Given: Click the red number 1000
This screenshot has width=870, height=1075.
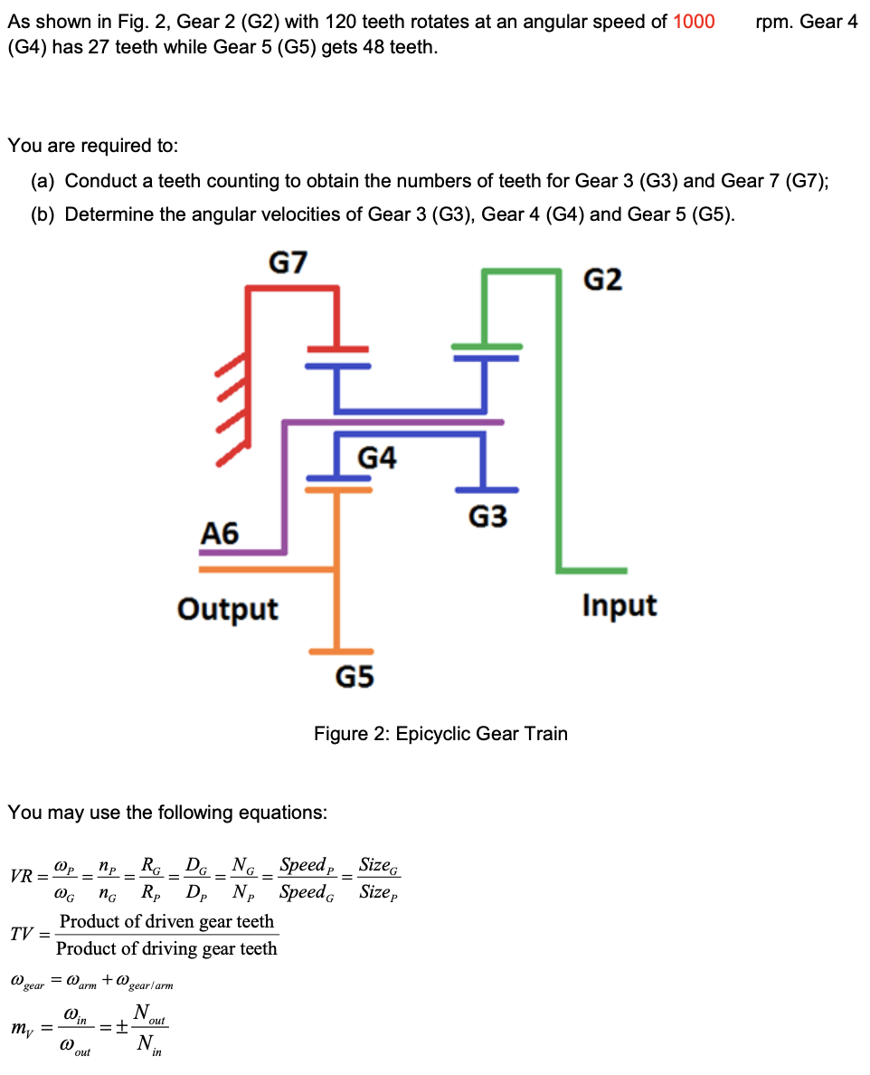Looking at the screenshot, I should [694, 22].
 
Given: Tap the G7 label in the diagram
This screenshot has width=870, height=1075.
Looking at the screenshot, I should [288, 263].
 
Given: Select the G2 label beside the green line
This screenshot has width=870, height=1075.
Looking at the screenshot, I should [602, 281].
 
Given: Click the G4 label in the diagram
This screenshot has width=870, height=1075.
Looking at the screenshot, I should [377, 458].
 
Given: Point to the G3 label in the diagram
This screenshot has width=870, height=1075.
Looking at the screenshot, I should [487, 517].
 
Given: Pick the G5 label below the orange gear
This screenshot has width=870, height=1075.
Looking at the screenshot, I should [355, 677].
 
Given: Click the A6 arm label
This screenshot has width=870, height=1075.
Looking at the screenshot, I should [219, 533].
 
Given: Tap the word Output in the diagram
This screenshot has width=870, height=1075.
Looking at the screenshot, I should [228, 608].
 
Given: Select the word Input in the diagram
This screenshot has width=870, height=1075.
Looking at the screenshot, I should [619, 604].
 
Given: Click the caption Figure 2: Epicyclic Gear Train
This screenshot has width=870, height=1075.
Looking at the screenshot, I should [440, 733].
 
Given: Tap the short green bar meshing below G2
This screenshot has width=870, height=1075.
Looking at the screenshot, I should [487, 346].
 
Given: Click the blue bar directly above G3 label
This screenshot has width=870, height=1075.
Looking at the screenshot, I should [487, 489].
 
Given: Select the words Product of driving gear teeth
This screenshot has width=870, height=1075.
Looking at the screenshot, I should [167, 948].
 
